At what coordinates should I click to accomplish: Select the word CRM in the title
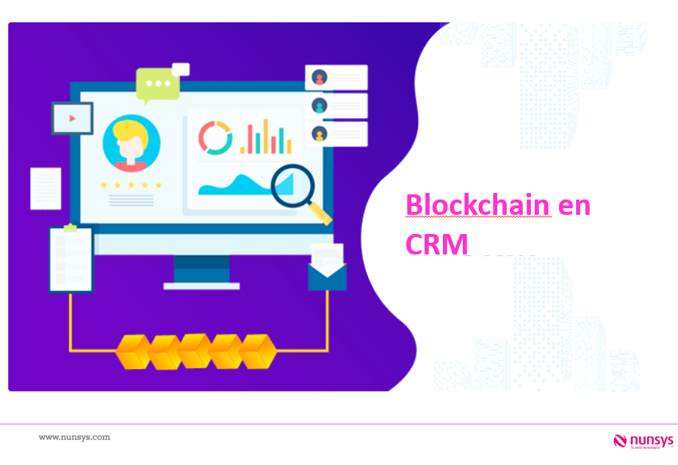pyautogui.click(x=436, y=244)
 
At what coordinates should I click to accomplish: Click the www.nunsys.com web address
pyautogui.click(x=74, y=437)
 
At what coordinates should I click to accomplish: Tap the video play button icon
pyautogui.click(x=72, y=117)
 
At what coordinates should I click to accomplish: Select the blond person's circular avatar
pyautogui.click(x=131, y=142)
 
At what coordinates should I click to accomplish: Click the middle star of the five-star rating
pyautogui.click(x=131, y=185)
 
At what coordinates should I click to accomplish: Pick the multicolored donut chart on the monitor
pyautogui.click(x=215, y=137)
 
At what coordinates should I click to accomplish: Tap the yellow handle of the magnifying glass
pyautogui.click(x=320, y=213)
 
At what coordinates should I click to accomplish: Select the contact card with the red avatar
pyautogui.click(x=336, y=77)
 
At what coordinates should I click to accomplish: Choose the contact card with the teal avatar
pyautogui.click(x=336, y=106)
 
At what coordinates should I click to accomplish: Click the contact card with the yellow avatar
pyautogui.click(x=336, y=133)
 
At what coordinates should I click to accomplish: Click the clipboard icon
pyautogui.click(x=71, y=258)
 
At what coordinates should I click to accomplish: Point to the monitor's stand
pyautogui.click(x=201, y=272)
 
